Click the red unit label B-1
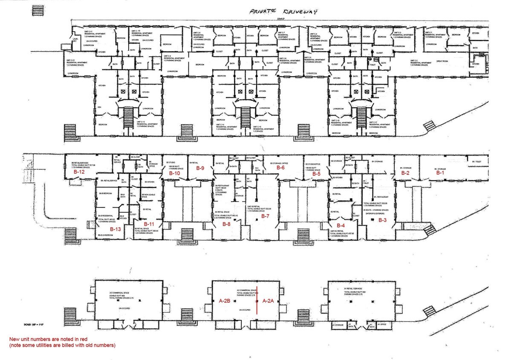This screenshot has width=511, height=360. [439, 173]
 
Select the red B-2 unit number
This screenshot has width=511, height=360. [405, 173]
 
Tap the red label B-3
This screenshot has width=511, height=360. [382, 220]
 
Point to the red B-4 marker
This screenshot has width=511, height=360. [341, 225]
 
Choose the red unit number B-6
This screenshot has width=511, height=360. [280, 168]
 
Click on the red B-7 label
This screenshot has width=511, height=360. [265, 216]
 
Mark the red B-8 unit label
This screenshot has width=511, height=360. [226, 224]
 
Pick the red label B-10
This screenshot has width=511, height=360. [175, 174]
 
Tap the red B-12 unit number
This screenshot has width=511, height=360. [80, 173]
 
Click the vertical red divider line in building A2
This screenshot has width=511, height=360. [257, 301]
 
